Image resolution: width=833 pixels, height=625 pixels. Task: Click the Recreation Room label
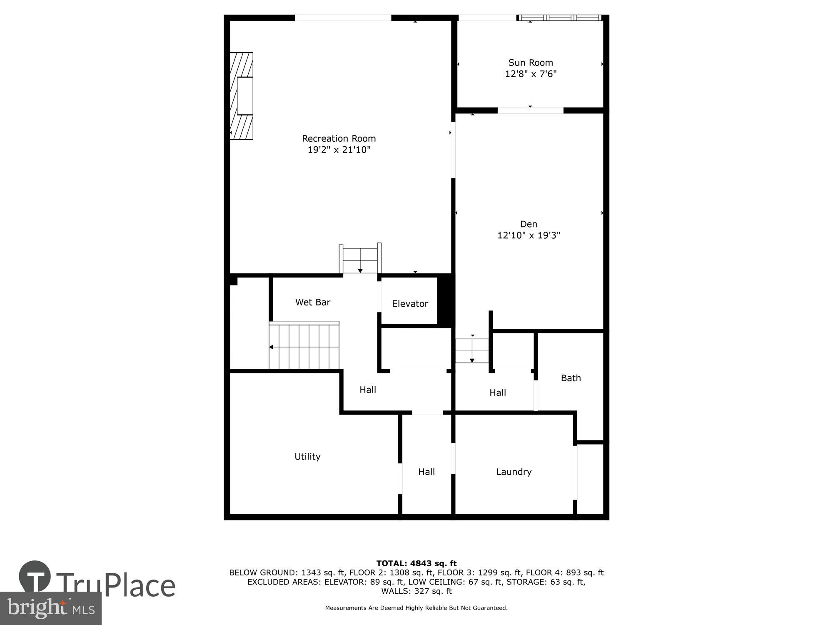(x=339, y=138)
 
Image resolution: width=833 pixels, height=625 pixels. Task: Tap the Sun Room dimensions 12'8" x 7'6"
(x=531, y=74)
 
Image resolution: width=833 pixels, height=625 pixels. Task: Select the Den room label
(x=529, y=224)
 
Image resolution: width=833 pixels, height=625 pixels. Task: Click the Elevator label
(x=410, y=304)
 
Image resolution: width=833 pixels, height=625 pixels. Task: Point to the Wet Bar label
(x=313, y=302)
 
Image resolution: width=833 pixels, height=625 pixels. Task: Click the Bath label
(x=571, y=378)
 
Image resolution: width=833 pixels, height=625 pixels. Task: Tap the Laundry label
(x=514, y=472)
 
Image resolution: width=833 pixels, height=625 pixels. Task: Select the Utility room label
(x=307, y=457)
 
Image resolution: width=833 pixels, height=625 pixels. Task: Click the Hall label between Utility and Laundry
(x=426, y=472)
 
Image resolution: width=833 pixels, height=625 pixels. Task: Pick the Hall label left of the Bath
(x=497, y=392)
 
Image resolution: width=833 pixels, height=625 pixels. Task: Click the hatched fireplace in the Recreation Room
(x=242, y=96)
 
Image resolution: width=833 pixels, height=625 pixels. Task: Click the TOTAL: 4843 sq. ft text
(x=416, y=563)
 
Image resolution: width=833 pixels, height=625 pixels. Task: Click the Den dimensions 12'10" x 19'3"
(x=529, y=235)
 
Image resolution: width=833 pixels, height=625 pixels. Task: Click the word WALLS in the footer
(x=395, y=591)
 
